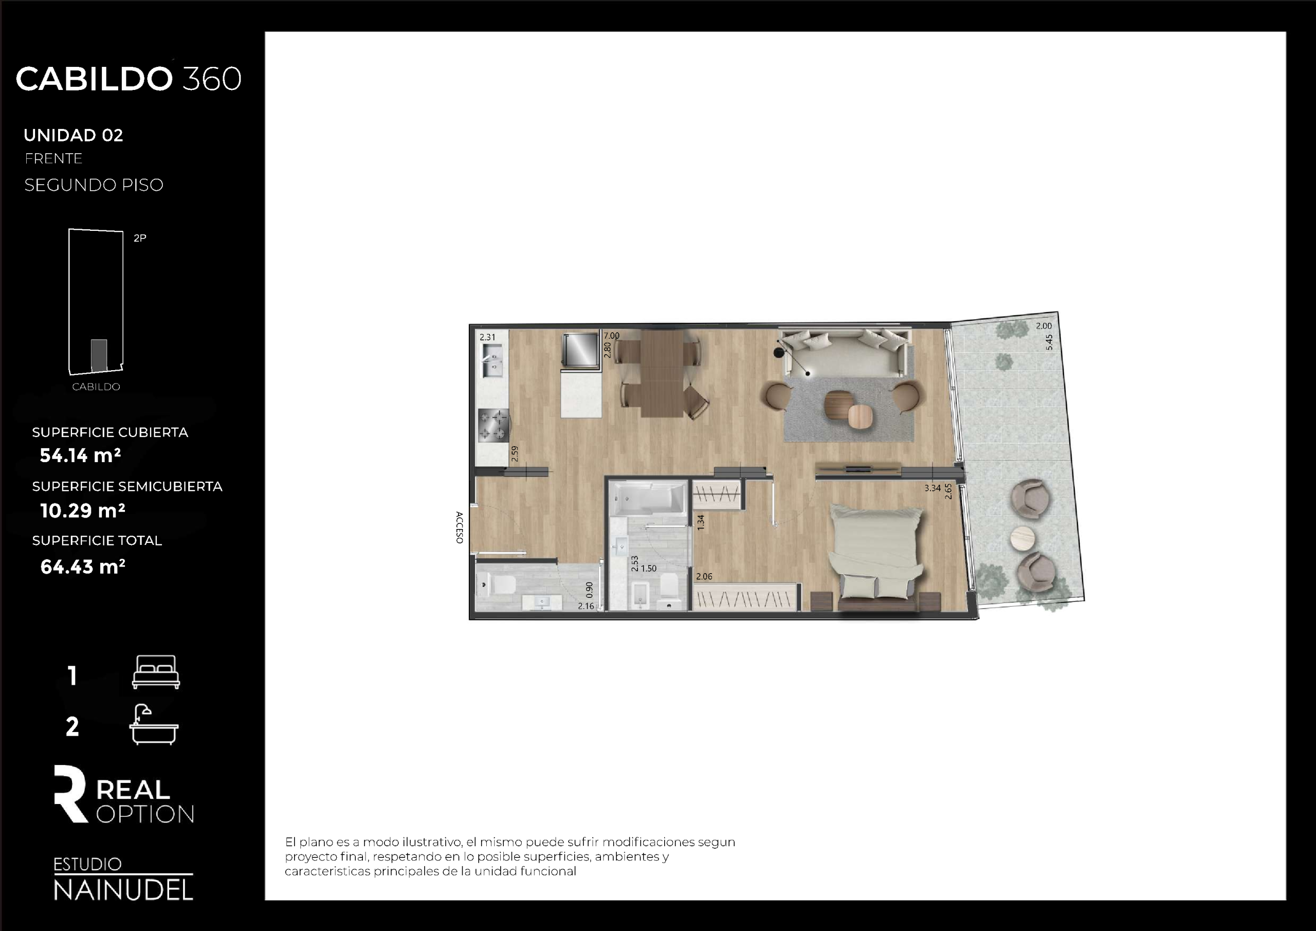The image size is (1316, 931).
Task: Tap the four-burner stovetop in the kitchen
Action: pos(493,425)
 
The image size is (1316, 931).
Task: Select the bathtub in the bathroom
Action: pos(648,499)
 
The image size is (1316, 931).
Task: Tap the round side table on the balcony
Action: pos(1022,538)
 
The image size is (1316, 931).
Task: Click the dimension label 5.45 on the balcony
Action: pos(1049,342)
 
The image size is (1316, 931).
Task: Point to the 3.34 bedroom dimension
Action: pos(933,488)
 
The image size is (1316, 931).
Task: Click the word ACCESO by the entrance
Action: pos(459,527)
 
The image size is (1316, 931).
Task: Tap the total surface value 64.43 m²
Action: pos(83,567)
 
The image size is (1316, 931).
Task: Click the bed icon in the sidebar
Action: pos(156,672)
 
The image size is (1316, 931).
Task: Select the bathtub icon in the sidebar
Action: pos(154,725)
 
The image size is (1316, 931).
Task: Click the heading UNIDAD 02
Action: pos(74,135)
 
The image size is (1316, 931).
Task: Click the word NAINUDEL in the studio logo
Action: pos(123,890)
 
